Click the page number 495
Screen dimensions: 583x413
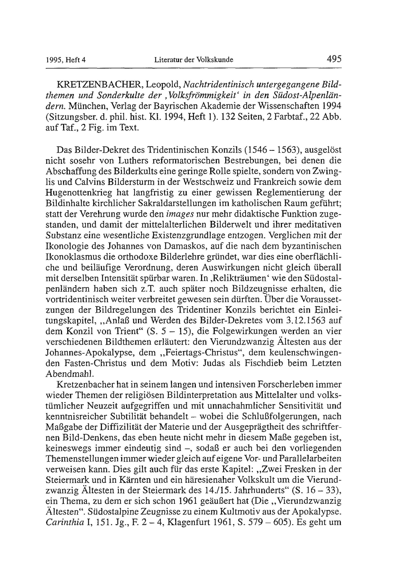click(x=334, y=59)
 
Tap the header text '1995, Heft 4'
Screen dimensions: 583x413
click(x=66, y=60)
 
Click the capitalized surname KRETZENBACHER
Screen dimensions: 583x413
click(x=98, y=84)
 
